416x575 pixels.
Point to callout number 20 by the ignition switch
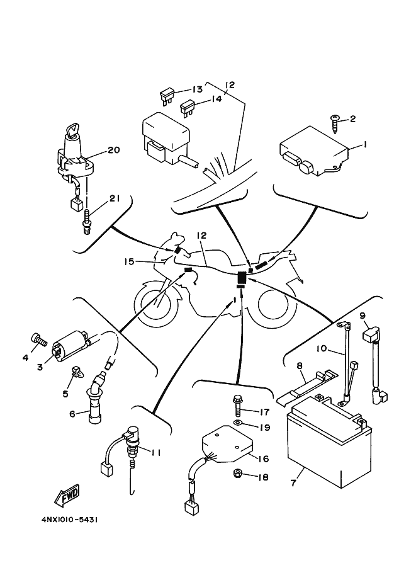click(x=113, y=150)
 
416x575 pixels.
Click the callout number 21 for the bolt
click(x=114, y=198)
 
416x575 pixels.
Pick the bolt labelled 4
click(x=40, y=341)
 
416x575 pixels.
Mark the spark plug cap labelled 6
click(x=96, y=397)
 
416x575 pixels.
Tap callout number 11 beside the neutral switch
click(x=157, y=451)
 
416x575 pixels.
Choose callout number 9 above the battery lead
click(x=363, y=315)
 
